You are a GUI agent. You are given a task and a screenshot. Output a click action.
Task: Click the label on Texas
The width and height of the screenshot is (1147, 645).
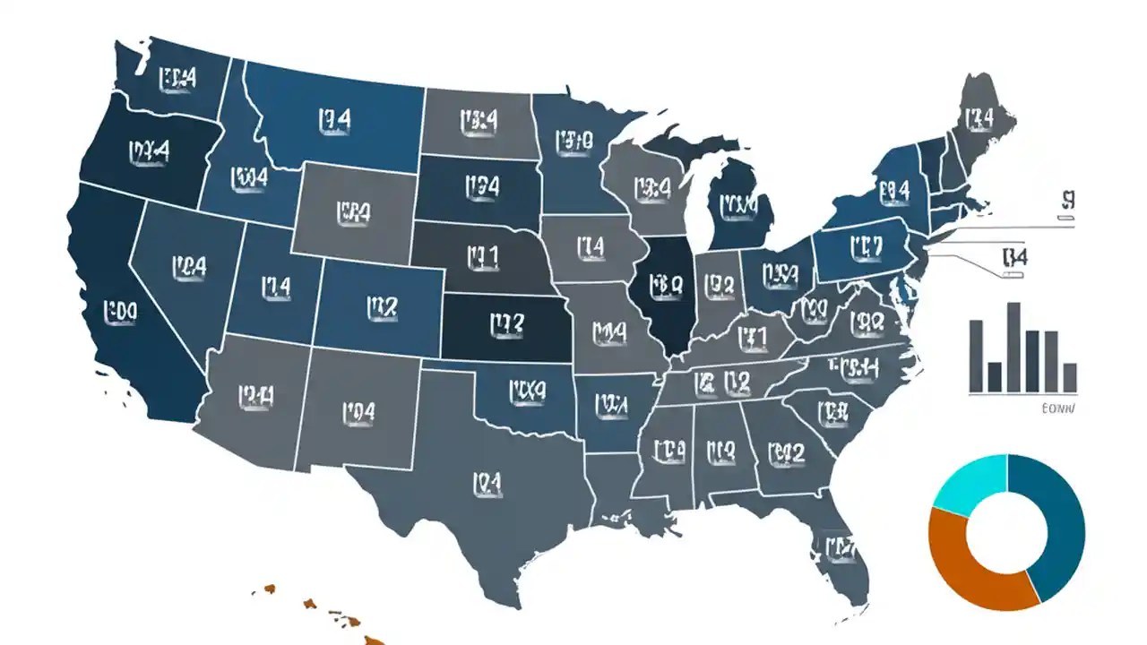(481, 485)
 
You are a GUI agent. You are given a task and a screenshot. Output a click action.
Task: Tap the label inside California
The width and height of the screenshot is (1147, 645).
(119, 310)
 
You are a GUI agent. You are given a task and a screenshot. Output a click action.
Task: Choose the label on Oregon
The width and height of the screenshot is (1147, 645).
(149, 151)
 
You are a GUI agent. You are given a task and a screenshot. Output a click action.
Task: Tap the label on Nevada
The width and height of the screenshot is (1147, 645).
(188, 266)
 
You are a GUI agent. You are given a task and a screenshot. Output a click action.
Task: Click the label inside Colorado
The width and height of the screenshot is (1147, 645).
(381, 307)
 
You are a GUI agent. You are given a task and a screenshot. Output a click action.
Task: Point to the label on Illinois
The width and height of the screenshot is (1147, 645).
(667, 287)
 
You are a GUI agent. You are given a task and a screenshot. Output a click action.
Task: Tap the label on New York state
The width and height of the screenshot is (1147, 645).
(893, 190)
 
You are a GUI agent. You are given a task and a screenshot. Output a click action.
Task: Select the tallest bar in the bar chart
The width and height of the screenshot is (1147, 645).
(1013, 348)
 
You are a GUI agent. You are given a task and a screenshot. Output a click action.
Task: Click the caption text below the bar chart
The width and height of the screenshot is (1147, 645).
(1059, 408)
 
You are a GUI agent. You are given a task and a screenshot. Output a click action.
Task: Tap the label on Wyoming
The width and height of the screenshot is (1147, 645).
(353, 211)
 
